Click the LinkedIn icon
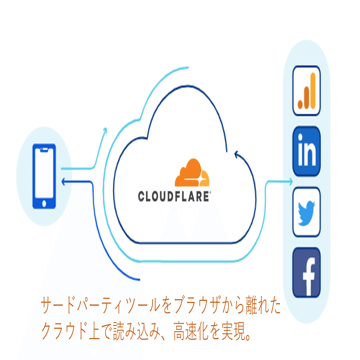pos(306,151)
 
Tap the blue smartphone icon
pos(44,176)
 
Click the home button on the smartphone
pos(44,203)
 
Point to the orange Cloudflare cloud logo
pos(192,173)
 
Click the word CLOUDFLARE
pos(174,196)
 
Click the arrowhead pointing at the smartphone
pos(63,182)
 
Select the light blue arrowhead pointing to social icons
pos(291,182)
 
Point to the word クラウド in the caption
pos(65,331)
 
